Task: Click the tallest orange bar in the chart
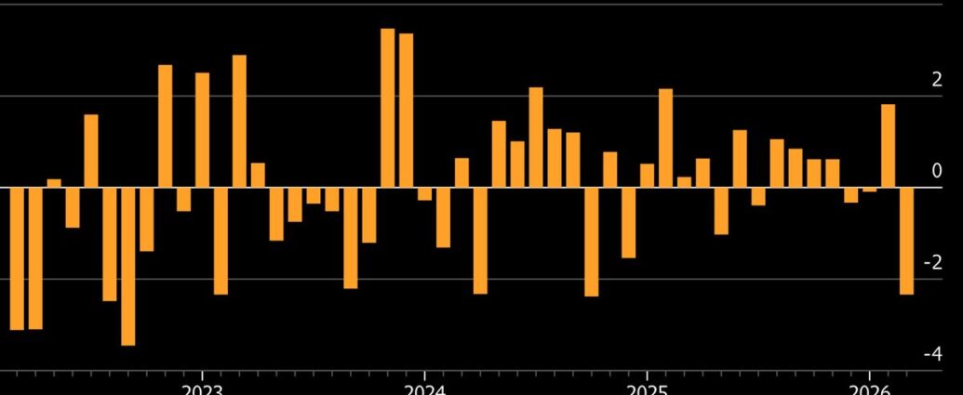coord(388,107)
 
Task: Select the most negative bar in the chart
coord(127,266)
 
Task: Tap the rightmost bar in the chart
coord(906,240)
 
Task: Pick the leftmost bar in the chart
coord(17,258)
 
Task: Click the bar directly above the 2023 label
coord(202,129)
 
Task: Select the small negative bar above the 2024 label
coord(425,193)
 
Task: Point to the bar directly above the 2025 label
coord(648,175)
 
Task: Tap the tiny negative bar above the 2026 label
coord(869,190)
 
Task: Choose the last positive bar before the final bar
coord(888,145)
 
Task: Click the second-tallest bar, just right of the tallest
coord(407,110)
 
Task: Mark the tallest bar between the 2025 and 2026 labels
coord(666,138)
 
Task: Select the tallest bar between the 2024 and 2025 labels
coord(536,137)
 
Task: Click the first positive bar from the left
coord(54,182)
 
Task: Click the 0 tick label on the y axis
coord(936,172)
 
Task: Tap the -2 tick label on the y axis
coord(932,263)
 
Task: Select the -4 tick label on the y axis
coord(932,354)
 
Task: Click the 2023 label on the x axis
coord(202,388)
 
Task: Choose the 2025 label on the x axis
coord(648,388)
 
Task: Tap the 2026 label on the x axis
coord(869,388)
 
